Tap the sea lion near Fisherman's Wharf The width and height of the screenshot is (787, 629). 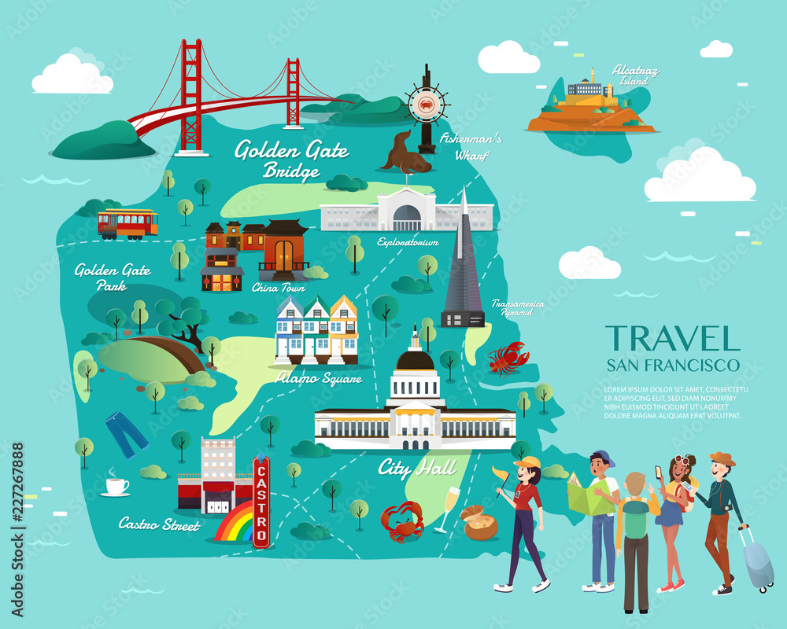click(x=405, y=153)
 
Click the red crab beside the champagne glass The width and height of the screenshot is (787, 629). click(x=402, y=520)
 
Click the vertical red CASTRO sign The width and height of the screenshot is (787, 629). click(x=262, y=502)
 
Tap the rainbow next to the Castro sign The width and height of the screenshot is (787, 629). click(x=235, y=524)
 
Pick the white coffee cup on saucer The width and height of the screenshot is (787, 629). click(x=116, y=487)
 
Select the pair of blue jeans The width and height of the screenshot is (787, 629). click(x=126, y=432)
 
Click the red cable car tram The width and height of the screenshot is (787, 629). click(x=127, y=224)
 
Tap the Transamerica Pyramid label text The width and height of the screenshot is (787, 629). click(x=511, y=307)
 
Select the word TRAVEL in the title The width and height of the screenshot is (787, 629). click(x=672, y=338)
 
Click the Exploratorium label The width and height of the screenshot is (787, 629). click(x=407, y=242)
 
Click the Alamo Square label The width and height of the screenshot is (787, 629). click(x=319, y=378)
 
